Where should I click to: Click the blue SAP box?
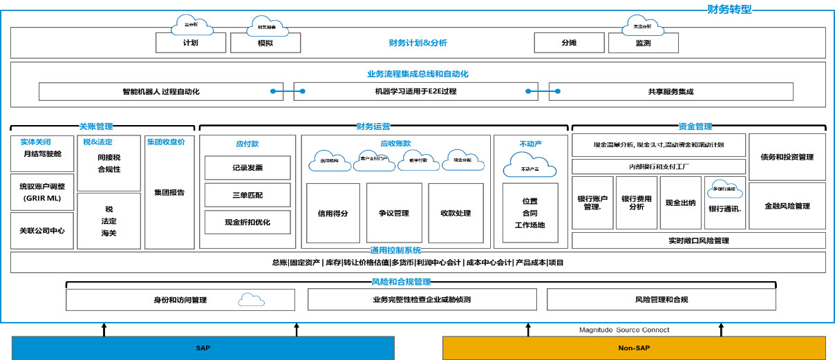[203, 348]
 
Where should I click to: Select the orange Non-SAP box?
[633, 348]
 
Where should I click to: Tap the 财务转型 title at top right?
[729, 10]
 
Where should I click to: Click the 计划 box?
[191, 43]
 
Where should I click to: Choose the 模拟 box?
[265, 43]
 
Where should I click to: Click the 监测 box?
[643, 43]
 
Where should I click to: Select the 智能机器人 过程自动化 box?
[160, 91]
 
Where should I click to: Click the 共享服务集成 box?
[670, 91]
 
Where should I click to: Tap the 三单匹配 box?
[247, 195]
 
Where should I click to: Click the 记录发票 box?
[247, 168]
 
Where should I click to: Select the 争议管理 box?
[394, 213]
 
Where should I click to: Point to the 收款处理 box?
[456, 213]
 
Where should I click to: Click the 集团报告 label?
[169, 193]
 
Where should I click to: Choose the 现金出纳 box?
[680, 202]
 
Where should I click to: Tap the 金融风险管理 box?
[787, 206]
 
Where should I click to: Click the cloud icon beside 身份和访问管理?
[251, 300]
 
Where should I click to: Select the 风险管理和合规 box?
[661, 300]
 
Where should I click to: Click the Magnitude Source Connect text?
[623, 330]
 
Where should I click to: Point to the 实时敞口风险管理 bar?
[698, 240]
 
